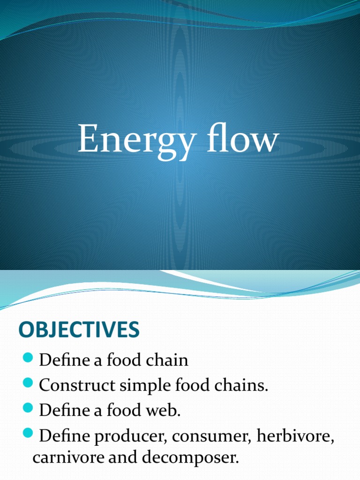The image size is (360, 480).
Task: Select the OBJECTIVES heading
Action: point(79,330)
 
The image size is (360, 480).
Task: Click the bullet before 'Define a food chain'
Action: point(29,359)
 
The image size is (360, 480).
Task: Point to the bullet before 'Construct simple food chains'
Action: point(29,384)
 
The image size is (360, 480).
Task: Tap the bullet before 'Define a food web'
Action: point(29,409)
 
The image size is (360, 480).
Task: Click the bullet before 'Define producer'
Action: point(29,435)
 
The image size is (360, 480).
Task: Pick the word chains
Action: point(244,385)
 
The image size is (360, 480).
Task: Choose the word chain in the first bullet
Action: point(167,360)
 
